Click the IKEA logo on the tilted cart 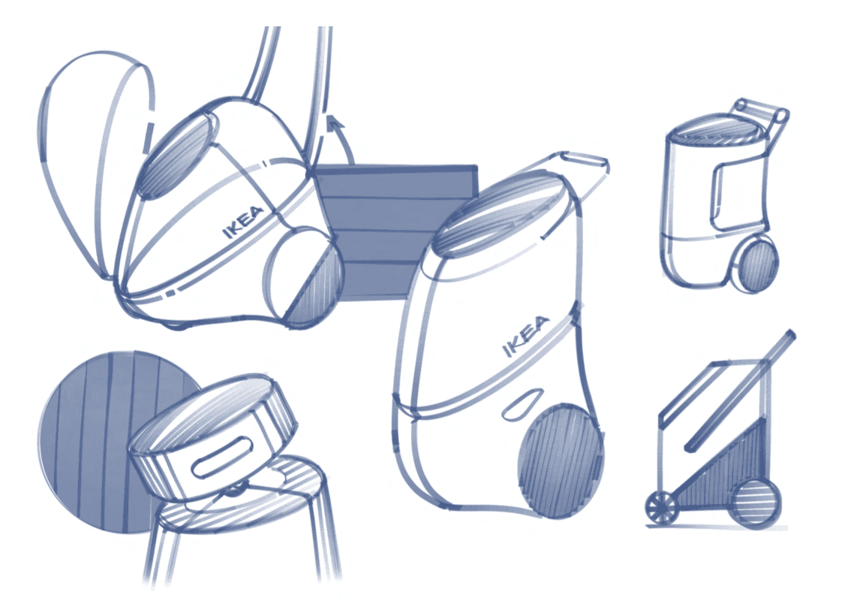point(242,222)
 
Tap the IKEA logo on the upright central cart point(526,337)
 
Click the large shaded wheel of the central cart point(561,461)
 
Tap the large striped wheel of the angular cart point(756,503)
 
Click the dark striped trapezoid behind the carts point(395,231)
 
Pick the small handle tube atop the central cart point(585,160)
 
